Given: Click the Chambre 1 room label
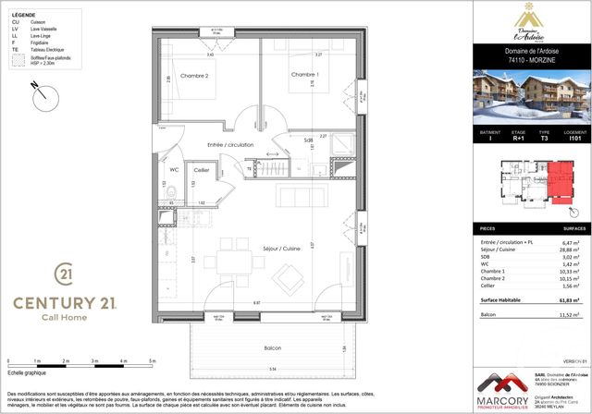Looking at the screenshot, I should (304, 74).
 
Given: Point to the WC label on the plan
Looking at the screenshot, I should (173, 169).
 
